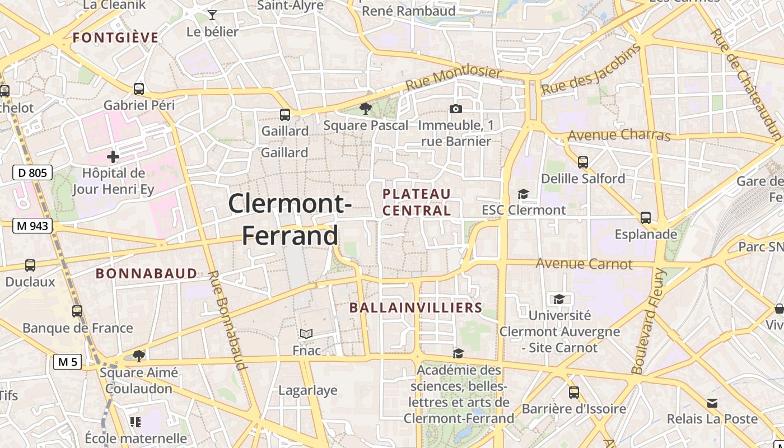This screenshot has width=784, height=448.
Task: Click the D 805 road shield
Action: click(x=32, y=172)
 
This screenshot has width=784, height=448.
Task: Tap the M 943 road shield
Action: click(x=32, y=226)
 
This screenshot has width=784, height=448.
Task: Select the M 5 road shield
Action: click(x=68, y=362)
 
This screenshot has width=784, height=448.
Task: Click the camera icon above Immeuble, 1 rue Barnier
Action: click(x=456, y=109)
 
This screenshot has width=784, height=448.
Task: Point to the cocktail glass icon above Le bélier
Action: click(x=212, y=15)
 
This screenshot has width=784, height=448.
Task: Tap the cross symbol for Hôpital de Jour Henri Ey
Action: click(x=113, y=156)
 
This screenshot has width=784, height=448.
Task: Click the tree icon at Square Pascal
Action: click(x=366, y=109)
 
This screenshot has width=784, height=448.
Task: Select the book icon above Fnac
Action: click(x=306, y=334)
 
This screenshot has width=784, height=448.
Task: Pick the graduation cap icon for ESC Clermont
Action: click(x=523, y=194)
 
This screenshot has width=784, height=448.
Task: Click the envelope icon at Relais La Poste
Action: click(x=712, y=403)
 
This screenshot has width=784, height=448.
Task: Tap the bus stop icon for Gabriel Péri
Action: click(x=139, y=88)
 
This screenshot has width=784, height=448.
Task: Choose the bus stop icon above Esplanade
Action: click(x=646, y=217)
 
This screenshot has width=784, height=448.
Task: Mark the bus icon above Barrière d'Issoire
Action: click(x=573, y=392)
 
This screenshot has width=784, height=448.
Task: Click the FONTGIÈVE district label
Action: click(x=116, y=38)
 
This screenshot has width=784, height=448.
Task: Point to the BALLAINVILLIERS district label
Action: click(x=416, y=307)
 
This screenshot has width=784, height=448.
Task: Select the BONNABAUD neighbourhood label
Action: click(x=146, y=273)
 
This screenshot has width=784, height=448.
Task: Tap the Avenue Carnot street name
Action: click(x=584, y=263)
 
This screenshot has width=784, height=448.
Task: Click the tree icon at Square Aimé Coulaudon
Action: click(x=139, y=355)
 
